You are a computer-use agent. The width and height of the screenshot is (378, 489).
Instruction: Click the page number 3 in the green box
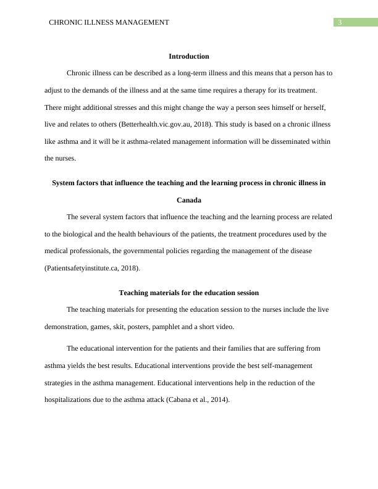[x=340, y=22]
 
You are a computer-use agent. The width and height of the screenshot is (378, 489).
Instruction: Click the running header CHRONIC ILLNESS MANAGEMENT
[x=109, y=22]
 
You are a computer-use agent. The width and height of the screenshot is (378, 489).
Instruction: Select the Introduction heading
[x=188, y=56]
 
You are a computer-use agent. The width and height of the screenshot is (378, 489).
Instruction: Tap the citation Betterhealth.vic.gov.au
[x=154, y=124]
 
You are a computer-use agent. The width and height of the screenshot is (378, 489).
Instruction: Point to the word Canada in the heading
[x=188, y=200]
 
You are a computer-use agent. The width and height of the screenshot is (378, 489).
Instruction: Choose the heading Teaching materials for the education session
[x=188, y=292]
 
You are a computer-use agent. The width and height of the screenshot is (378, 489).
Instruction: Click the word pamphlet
[x=174, y=327]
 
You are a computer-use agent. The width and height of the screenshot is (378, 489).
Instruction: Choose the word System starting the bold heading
[x=64, y=183]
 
